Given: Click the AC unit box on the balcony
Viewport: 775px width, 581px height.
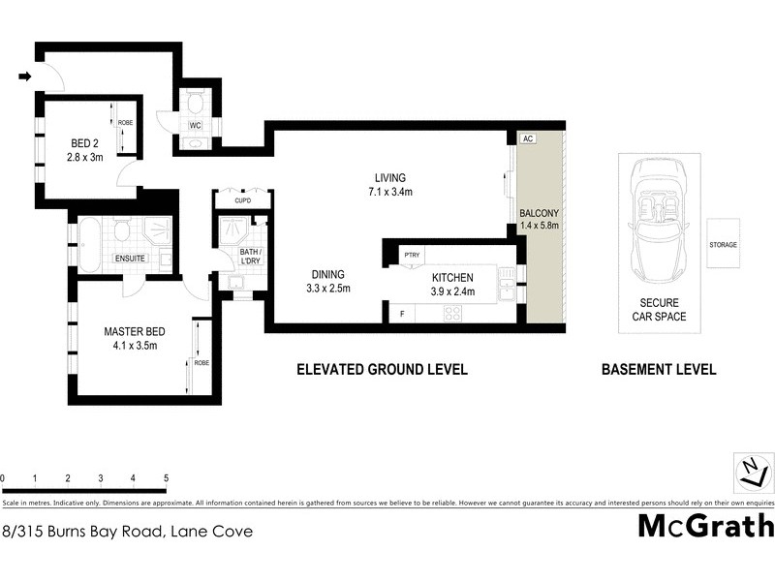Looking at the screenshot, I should [528, 138].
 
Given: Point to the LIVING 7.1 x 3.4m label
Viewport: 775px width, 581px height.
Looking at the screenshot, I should [391, 184].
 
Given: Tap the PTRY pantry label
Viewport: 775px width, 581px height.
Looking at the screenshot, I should [413, 257].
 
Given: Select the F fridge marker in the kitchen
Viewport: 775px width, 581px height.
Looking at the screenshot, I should [401, 314].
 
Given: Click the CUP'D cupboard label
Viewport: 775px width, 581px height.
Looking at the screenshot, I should [241, 201].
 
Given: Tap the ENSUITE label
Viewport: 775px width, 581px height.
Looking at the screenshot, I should [130, 259].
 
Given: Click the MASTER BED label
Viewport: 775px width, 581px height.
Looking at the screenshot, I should [131, 338].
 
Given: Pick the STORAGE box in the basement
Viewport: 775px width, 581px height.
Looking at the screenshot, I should [723, 245].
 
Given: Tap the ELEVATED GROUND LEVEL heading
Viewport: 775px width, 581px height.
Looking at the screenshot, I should [382, 369].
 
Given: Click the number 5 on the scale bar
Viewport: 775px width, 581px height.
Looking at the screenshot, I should [166, 478].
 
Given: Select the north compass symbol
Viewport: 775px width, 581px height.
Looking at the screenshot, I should [751, 474].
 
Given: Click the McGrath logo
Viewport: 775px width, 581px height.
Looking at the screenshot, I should [705, 526].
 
